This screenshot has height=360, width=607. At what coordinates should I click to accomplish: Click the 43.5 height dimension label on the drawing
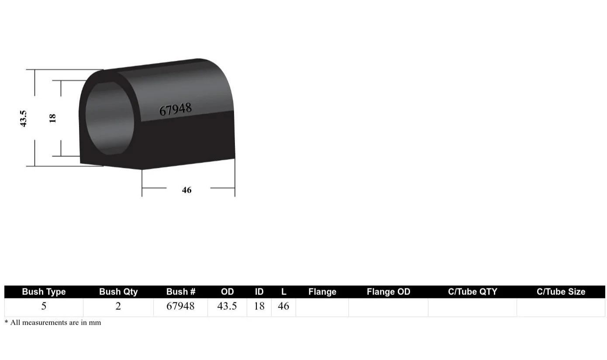pos(24,118)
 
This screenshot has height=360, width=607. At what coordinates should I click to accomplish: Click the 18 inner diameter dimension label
pos(53,118)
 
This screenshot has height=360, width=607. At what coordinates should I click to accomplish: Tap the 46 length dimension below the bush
pos(187,190)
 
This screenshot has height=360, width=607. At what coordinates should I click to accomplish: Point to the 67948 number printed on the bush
pos(175,109)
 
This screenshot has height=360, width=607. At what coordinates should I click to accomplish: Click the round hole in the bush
pos(109,118)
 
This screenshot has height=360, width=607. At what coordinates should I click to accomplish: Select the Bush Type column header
pos(44,292)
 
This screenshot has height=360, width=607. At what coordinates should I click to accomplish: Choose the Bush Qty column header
pos(118,292)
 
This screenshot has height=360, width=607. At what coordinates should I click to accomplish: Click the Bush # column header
pos(181,292)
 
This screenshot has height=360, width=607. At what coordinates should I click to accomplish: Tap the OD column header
pos(228,292)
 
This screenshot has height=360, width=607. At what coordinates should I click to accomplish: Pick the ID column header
pos(259,292)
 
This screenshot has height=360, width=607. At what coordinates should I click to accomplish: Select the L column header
pos(284,292)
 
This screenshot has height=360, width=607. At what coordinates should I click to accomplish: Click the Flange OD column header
pos(389,292)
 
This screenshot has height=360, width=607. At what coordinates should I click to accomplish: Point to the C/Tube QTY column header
pos(472,292)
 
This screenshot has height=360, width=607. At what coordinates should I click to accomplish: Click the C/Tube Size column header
pos(561,292)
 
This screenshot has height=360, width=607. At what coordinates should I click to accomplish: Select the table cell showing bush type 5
pos(44,306)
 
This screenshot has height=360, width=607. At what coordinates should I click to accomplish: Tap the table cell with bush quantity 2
pos(118,306)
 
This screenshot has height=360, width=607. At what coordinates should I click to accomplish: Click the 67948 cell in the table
pos(181,306)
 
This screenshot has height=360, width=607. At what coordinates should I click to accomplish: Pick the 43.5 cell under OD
pos(227,306)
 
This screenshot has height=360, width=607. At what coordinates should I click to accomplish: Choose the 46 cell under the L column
pos(283,306)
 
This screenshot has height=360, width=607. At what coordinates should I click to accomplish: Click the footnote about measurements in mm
pos(53,323)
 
